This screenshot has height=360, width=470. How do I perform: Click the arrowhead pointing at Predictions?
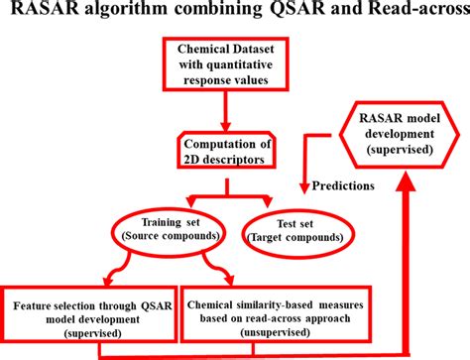302,184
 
